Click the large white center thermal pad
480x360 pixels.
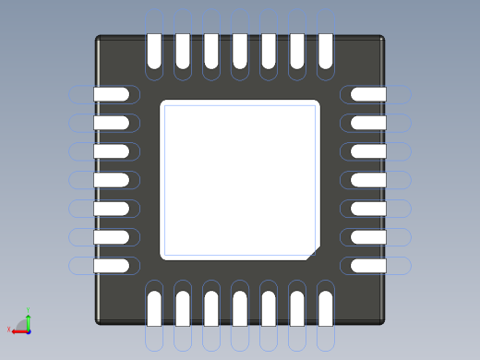pos(239,179)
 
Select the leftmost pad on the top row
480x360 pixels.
pos(154,51)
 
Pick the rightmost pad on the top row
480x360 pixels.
pos(325,51)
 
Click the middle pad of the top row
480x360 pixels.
pos(240,51)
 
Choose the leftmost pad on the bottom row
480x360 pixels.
pos(154,308)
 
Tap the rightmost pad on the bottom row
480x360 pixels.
pos(325,308)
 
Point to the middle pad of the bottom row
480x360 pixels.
pos(240,308)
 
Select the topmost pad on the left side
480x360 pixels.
pos(112,94)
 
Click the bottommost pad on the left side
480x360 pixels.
pos(112,266)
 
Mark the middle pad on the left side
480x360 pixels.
pos(112,180)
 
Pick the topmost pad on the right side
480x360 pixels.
pos(368,94)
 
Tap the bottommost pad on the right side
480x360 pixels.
pos(368,266)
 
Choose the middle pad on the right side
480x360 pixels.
pos(368,180)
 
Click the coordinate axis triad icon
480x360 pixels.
pos(22,324)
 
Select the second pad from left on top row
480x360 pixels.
pos(183,51)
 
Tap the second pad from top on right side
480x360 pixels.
pos(368,123)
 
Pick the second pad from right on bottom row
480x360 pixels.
pos(297,308)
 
